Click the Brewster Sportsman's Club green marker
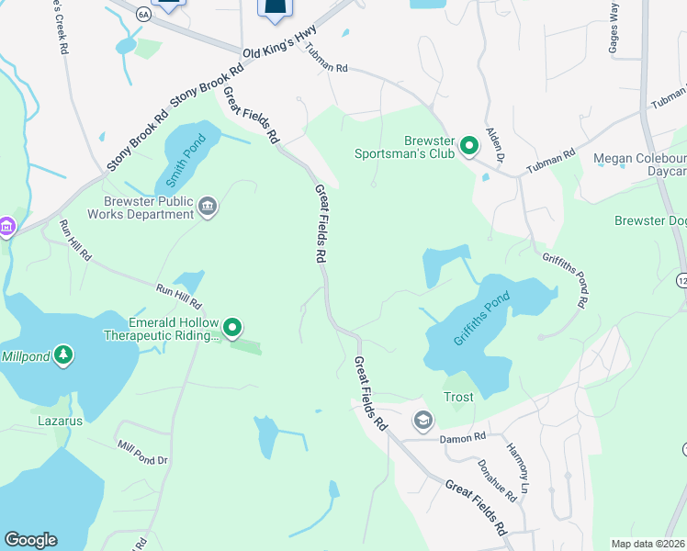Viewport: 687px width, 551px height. pos(469,145)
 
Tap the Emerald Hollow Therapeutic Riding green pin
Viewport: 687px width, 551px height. pos(233,327)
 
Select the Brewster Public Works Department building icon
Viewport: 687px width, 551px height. pos(208,206)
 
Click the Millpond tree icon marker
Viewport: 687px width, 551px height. pos(62,354)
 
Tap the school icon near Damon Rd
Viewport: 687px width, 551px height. pos(422,421)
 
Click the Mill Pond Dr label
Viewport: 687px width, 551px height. pos(142,453)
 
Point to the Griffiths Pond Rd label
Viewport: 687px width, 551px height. pos(564,279)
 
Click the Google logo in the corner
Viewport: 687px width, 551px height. pos(30,540)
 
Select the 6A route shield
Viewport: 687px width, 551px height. pos(142,14)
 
